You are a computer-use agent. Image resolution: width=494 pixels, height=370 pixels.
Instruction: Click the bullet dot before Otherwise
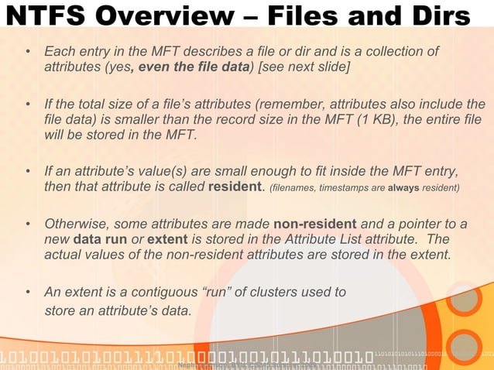click(x=27, y=224)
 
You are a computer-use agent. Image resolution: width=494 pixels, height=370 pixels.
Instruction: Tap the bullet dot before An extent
click(x=27, y=293)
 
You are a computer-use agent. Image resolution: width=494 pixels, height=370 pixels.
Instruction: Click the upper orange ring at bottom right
click(x=463, y=300)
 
